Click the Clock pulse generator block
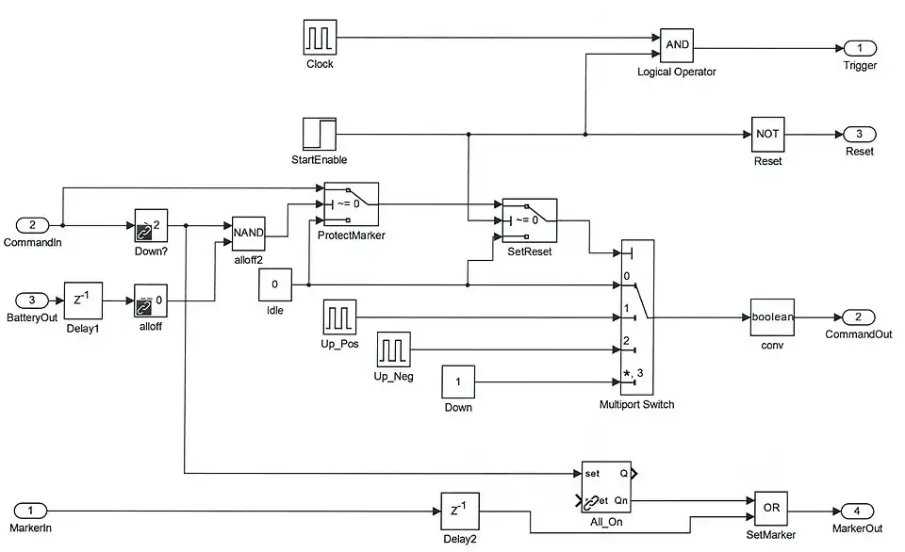pyautogui.click(x=320, y=38)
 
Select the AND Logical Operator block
pyautogui.click(x=676, y=44)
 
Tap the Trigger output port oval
pyautogui.click(x=859, y=48)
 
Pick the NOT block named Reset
pyautogui.click(x=767, y=134)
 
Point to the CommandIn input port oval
pyautogui.click(x=33, y=225)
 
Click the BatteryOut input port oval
pyautogui.click(x=33, y=300)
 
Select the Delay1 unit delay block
pyautogui.click(x=81, y=300)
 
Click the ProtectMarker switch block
pyautogui.click(x=351, y=203)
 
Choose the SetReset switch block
pyautogui.click(x=529, y=220)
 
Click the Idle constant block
pyautogui.click(x=274, y=284)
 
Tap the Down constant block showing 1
pyautogui.click(x=458, y=382)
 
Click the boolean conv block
pyautogui.click(x=772, y=317)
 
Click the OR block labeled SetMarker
pyautogui.click(x=770, y=508)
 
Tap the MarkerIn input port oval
pyautogui.click(x=33, y=511)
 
